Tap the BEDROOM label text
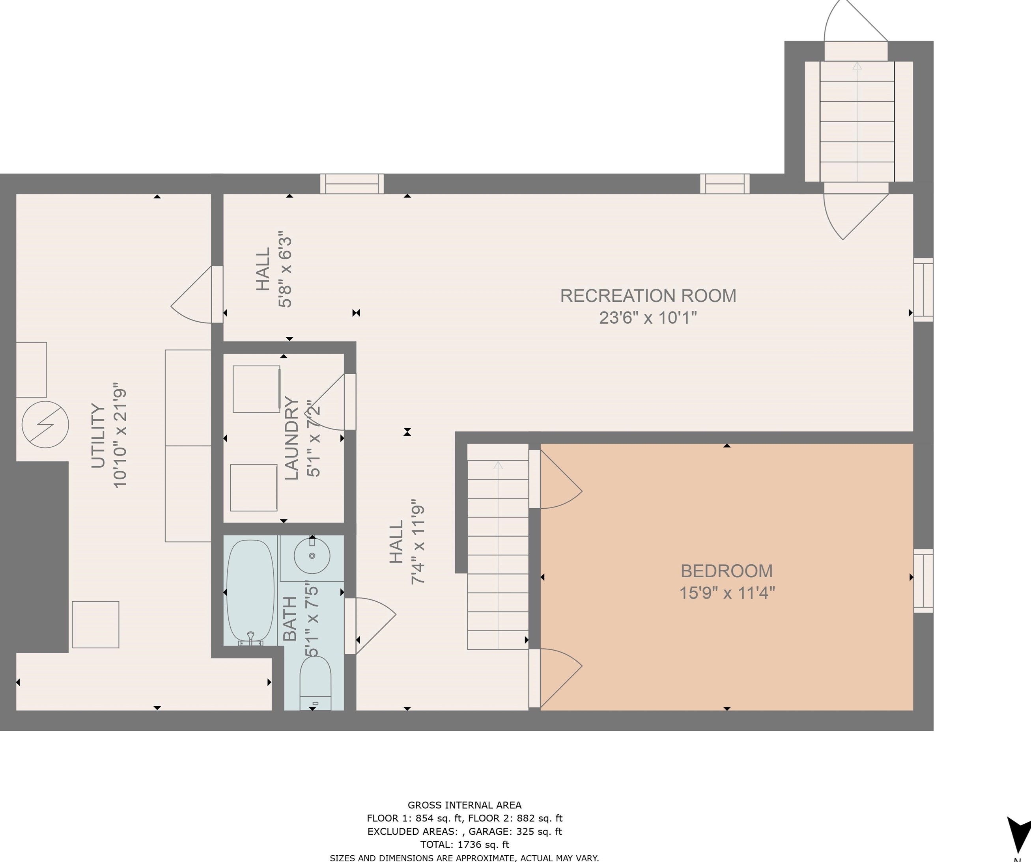[727, 571]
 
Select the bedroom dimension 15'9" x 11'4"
[727, 593]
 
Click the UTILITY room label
[99, 435]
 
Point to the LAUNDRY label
[291, 438]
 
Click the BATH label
[290, 619]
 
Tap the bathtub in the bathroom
[250, 592]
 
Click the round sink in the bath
[312, 556]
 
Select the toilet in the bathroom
[315, 682]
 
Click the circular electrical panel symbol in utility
[46, 425]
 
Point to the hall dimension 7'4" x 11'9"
[418, 542]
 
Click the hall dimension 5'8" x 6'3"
[285, 269]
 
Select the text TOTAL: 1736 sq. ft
[465, 844]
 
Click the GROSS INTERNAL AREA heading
[465, 805]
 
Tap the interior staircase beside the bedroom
[498, 547]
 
